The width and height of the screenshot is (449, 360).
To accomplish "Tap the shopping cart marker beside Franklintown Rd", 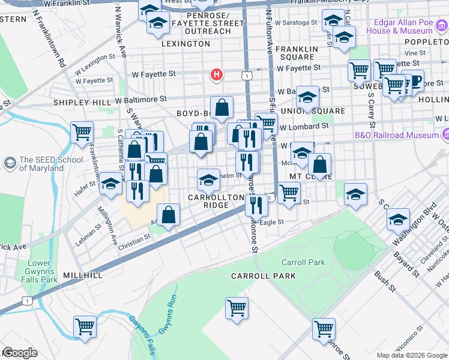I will tap(82, 131).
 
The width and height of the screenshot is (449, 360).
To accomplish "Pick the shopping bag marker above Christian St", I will tap(169, 214).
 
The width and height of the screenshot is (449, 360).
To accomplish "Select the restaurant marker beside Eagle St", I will tap(256, 205).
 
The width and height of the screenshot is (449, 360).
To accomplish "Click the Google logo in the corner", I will tap(19, 353).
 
